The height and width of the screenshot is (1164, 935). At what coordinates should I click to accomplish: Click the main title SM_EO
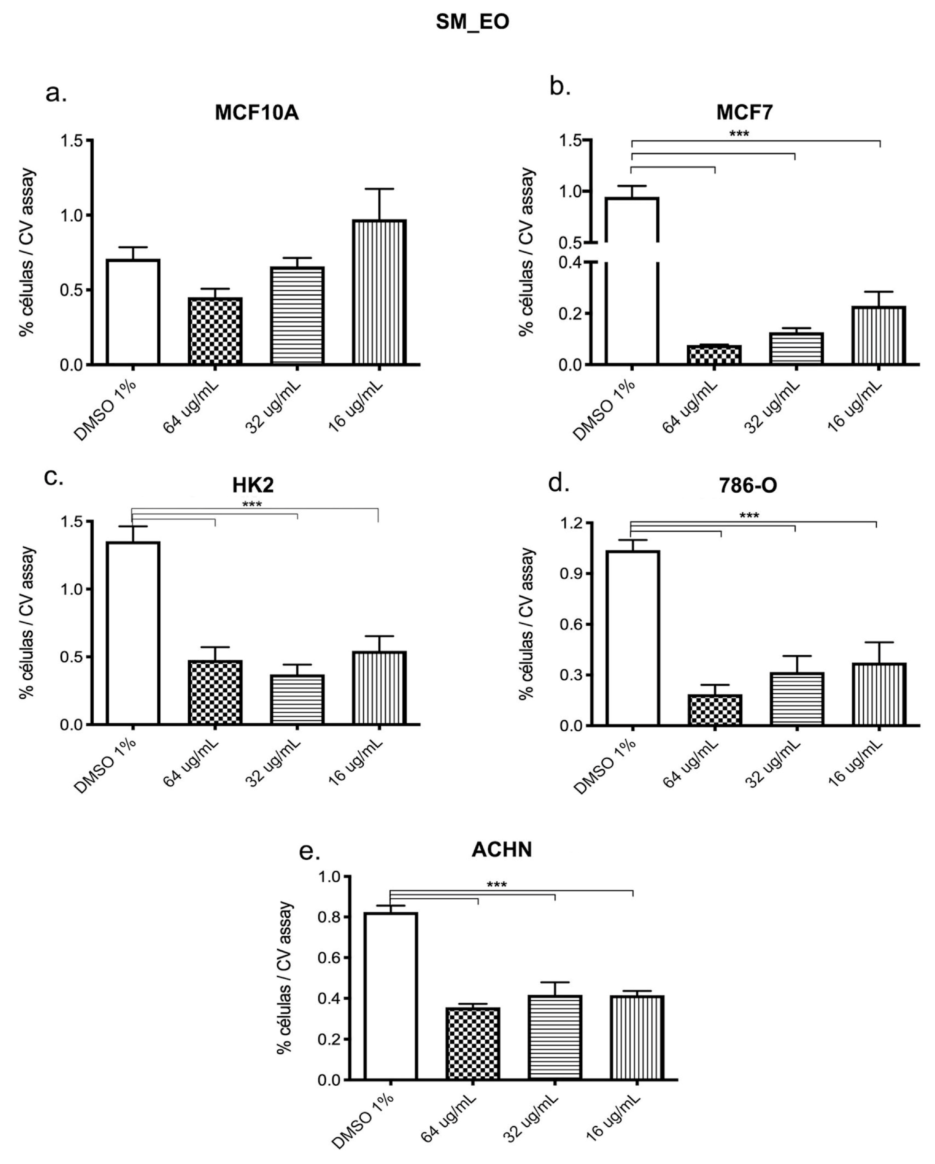pyautogui.click(x=472, y=22)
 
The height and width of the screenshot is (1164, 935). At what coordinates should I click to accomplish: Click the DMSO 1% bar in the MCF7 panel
pyautogui.click(x=632, y=281)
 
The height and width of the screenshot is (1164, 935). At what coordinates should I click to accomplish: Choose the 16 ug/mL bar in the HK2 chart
pyautogui.click(x=379, y=687)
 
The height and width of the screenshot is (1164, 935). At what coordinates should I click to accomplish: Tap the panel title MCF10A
pyautogui.click(x=257, y=113)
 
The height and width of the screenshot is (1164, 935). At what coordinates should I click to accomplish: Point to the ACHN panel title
pyautogui.click(x=502, y=850)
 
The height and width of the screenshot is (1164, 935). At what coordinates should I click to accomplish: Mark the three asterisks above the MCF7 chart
pyautogui.click(x=739, y=133)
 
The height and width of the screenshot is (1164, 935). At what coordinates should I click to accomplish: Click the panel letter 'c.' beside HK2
pyautogui.click(x=54, y=477)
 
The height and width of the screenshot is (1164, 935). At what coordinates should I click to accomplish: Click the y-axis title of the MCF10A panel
pyautogui.click(x=27, y=252)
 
